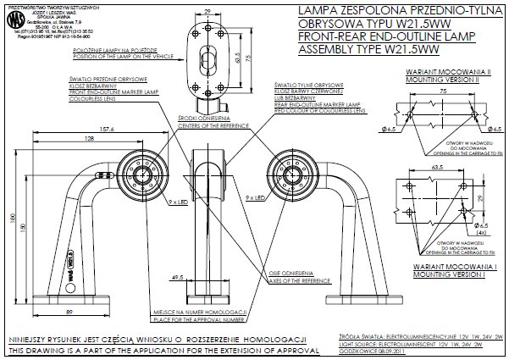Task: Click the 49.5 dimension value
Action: [x=177, y=276]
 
